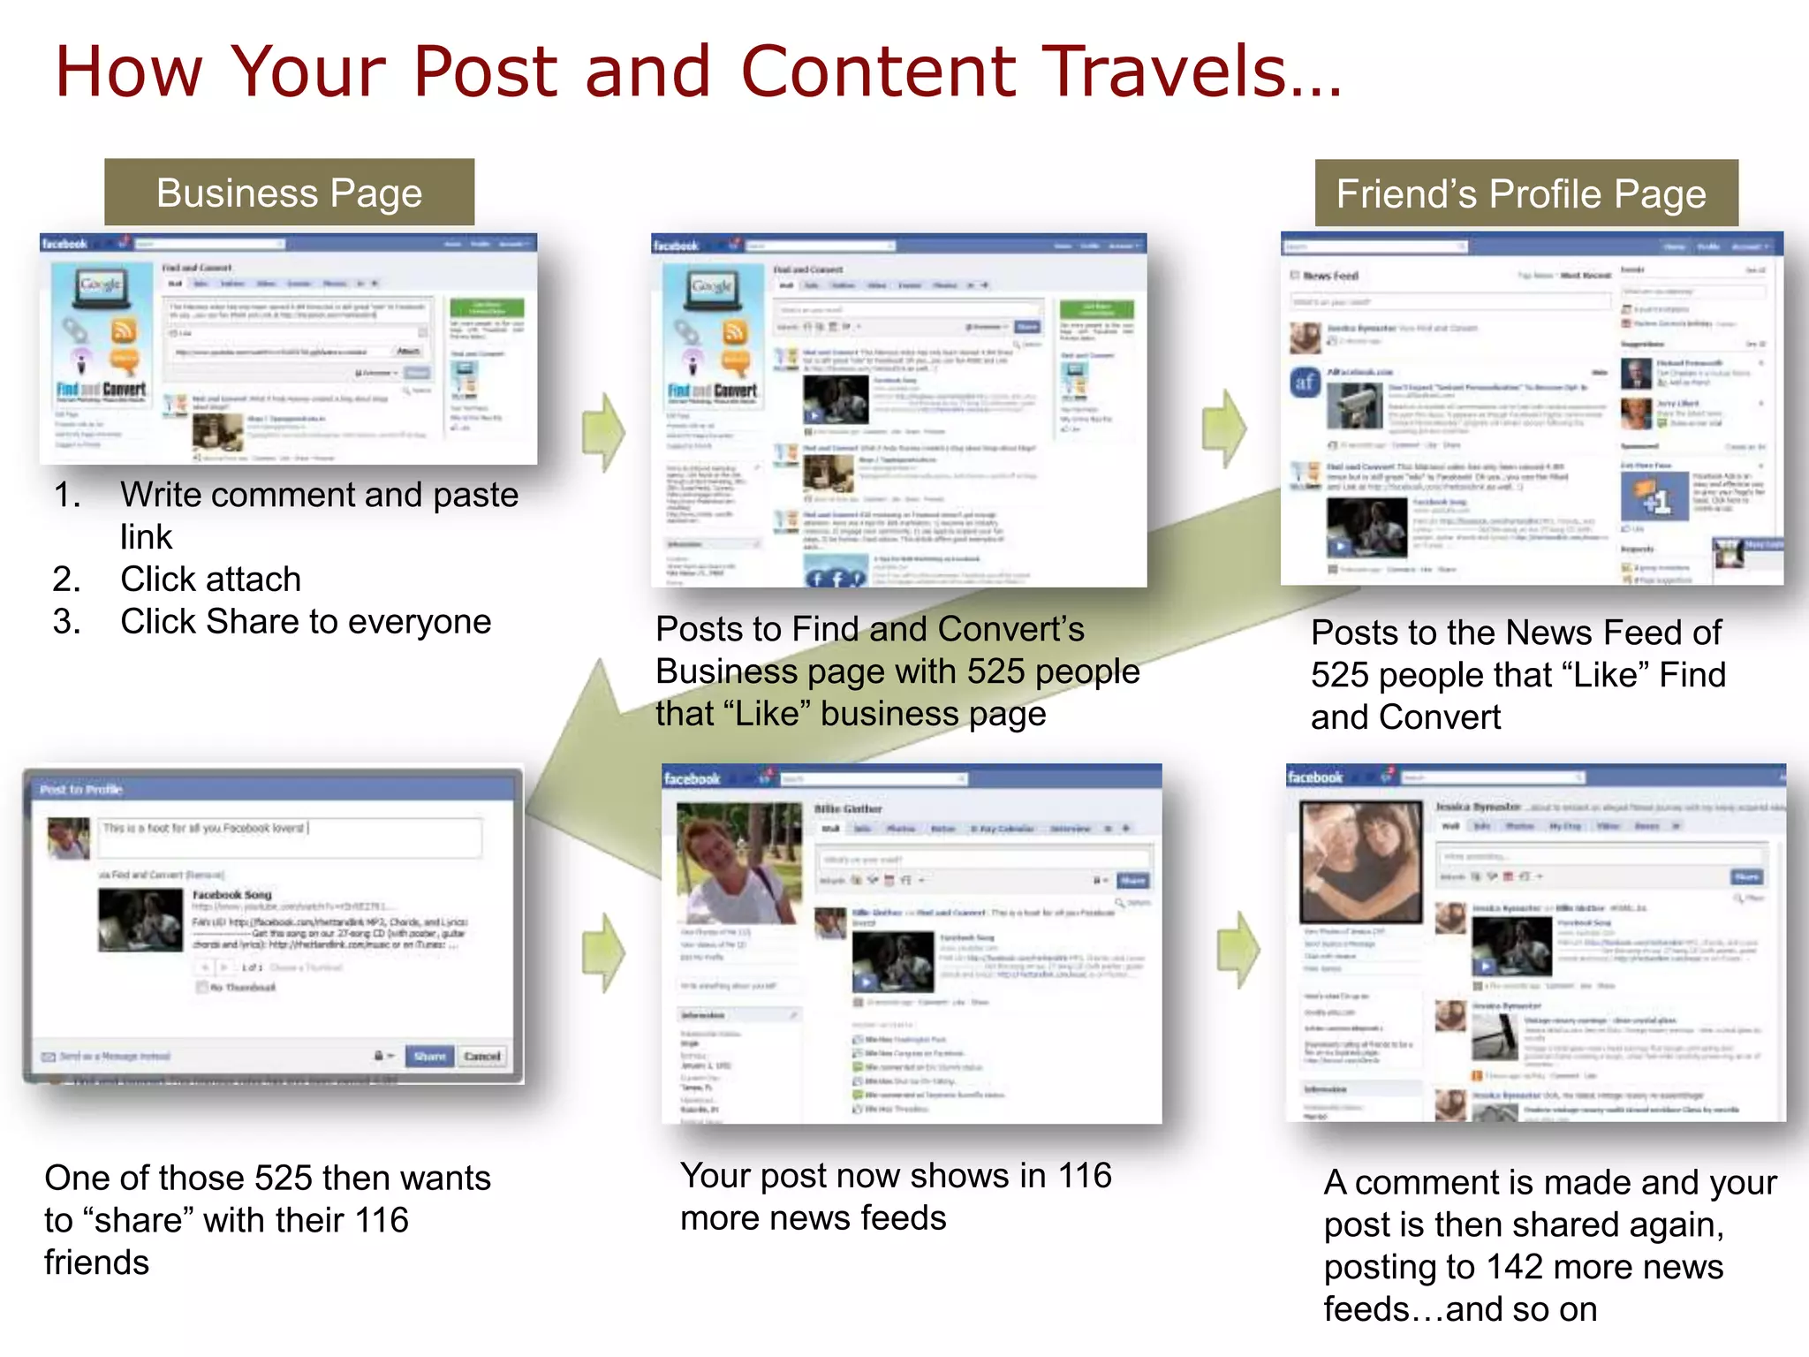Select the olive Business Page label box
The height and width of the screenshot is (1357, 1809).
point(289,193)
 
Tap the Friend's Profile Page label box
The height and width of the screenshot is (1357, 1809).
point(1525,193)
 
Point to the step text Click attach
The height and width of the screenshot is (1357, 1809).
point(210,580)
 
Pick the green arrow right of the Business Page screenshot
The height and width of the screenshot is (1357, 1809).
point(604,432)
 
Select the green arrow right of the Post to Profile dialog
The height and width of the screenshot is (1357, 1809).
point(604,951)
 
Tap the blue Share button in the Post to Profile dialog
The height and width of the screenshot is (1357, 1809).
point(429,1056)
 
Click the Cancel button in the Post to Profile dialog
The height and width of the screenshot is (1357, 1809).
point(482,1056)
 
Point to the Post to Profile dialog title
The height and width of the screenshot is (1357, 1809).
point(81,789)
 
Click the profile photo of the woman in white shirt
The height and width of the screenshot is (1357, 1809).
point(738,861)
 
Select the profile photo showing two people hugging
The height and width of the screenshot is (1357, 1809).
point(1360,860)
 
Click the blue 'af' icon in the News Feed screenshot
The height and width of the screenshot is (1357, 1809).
point(1306,383)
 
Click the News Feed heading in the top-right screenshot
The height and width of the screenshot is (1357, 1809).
point(1330,276)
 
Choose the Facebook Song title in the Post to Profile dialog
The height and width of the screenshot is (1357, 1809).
point(232,894)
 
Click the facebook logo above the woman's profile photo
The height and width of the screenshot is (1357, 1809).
point(692,778)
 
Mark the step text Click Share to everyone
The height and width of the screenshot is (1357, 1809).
point(305,622)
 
